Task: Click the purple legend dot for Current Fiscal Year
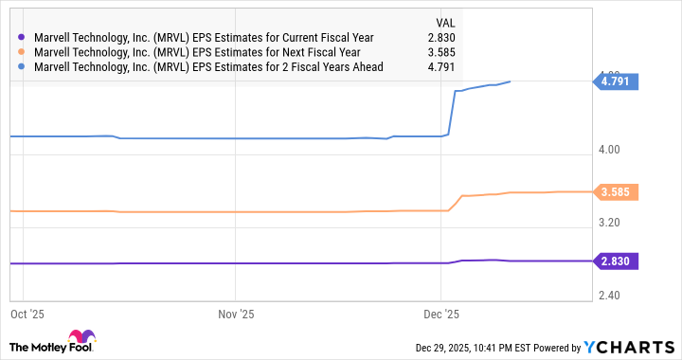click(x=21, y=37)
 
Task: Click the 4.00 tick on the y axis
click(x=609, y=150)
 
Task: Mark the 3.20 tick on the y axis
click(x=609, y=223)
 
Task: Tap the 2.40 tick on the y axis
click(x=609, y=296)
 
